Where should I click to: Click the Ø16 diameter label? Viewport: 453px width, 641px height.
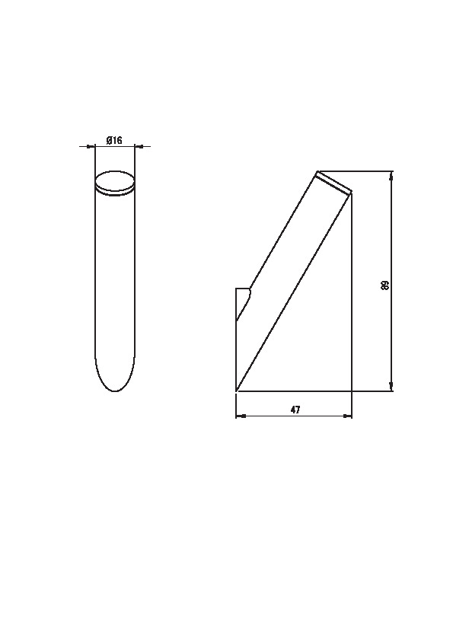114,141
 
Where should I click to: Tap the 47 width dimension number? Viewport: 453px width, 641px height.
295,410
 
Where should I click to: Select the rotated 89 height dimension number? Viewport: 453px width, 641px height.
384,285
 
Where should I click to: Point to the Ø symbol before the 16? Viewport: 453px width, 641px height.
109,141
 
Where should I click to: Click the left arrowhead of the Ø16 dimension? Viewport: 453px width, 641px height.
91,146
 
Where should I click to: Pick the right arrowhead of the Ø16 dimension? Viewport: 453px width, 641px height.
139,146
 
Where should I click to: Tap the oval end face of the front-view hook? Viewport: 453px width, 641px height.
115,182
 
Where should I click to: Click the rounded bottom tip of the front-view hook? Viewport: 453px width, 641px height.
115,391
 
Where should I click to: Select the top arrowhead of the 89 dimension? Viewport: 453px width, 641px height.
391,175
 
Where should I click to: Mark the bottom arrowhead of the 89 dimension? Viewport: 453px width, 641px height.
391,387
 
